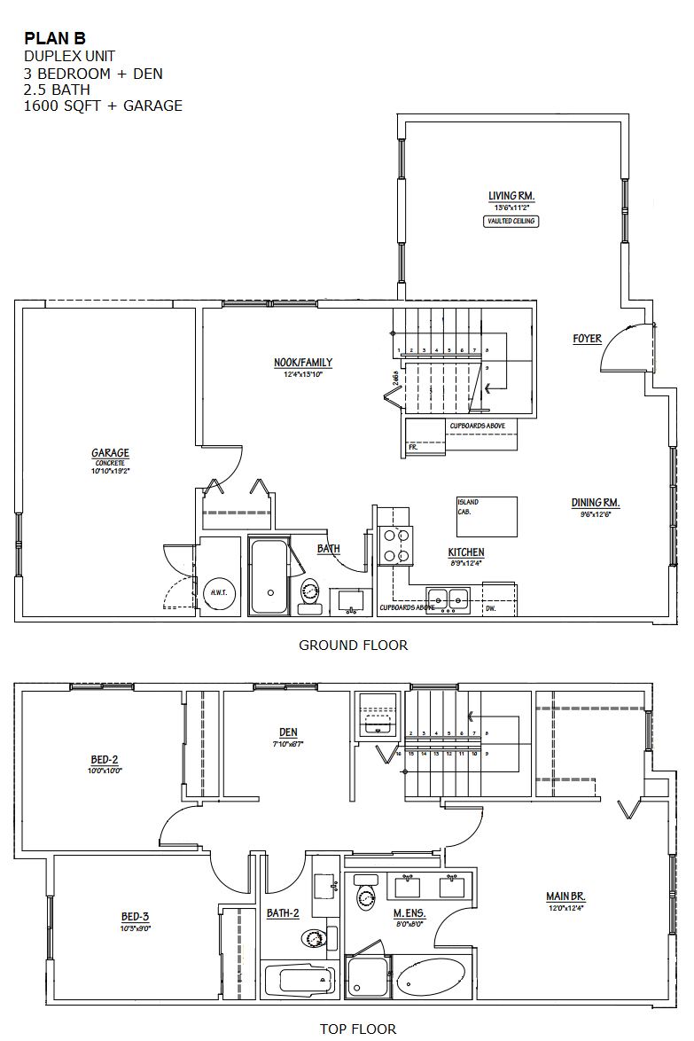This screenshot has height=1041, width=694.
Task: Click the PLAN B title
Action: (x=55, y=38)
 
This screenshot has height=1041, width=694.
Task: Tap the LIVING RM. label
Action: (x=511, y=196)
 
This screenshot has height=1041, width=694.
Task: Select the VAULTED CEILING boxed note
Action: (x=511, y=221)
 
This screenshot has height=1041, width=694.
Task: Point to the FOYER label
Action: (x=587, y=339)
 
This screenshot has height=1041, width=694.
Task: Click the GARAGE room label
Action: (x=110, y=453)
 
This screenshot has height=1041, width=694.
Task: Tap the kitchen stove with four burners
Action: (x=396, y=545)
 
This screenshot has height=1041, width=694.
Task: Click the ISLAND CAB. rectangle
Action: (x=487, y=516)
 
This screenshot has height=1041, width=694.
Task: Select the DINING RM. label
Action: (x=591, y=503)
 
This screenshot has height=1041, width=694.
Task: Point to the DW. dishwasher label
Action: (x=491, y=610)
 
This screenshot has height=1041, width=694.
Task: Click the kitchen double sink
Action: (x=447, y=599)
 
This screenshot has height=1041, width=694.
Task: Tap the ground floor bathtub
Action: (x=269, y=576)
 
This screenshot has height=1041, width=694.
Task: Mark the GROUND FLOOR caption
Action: (x=353, y=646)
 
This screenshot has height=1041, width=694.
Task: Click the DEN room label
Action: (x=288, y=732)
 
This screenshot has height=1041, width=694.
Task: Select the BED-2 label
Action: (x=105, y=760)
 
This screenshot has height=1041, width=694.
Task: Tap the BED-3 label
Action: (x=135, y=917)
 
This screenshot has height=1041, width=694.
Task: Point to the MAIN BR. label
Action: (x=565, y=896)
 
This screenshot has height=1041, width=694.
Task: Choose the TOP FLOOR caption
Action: (x=358, y=1029)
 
